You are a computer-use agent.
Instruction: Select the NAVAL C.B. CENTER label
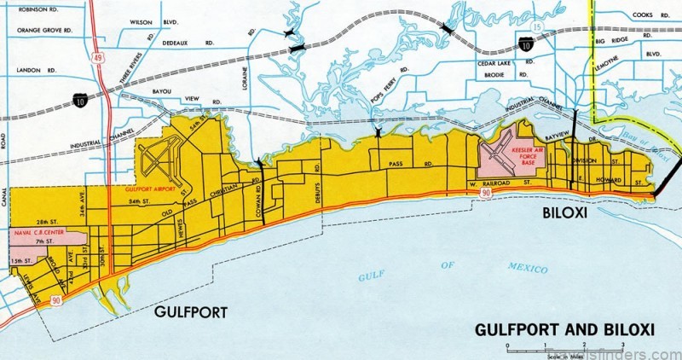pos(45,230)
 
